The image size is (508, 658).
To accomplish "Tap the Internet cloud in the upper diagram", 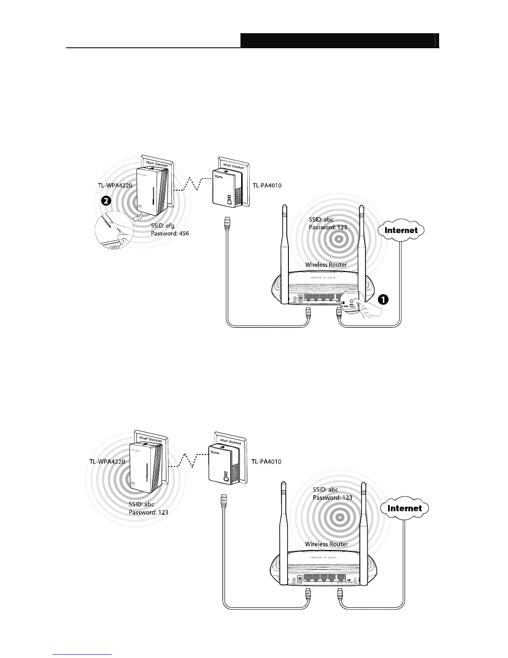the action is point(401,230).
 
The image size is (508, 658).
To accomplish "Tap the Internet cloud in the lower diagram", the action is point(404,508).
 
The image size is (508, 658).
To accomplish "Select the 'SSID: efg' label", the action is point(162,226).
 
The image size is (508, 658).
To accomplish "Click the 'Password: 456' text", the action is point(170,234).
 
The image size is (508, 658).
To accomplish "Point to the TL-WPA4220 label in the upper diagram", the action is point(112,185).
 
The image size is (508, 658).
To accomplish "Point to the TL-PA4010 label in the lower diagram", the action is point(266,462).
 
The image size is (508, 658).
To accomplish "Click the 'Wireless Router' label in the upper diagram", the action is point(326,265).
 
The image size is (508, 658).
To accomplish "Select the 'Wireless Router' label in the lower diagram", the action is point(326,544).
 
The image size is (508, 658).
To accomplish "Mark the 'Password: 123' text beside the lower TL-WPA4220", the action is point(148,512).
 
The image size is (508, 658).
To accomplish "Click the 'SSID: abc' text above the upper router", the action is point(321,219).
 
